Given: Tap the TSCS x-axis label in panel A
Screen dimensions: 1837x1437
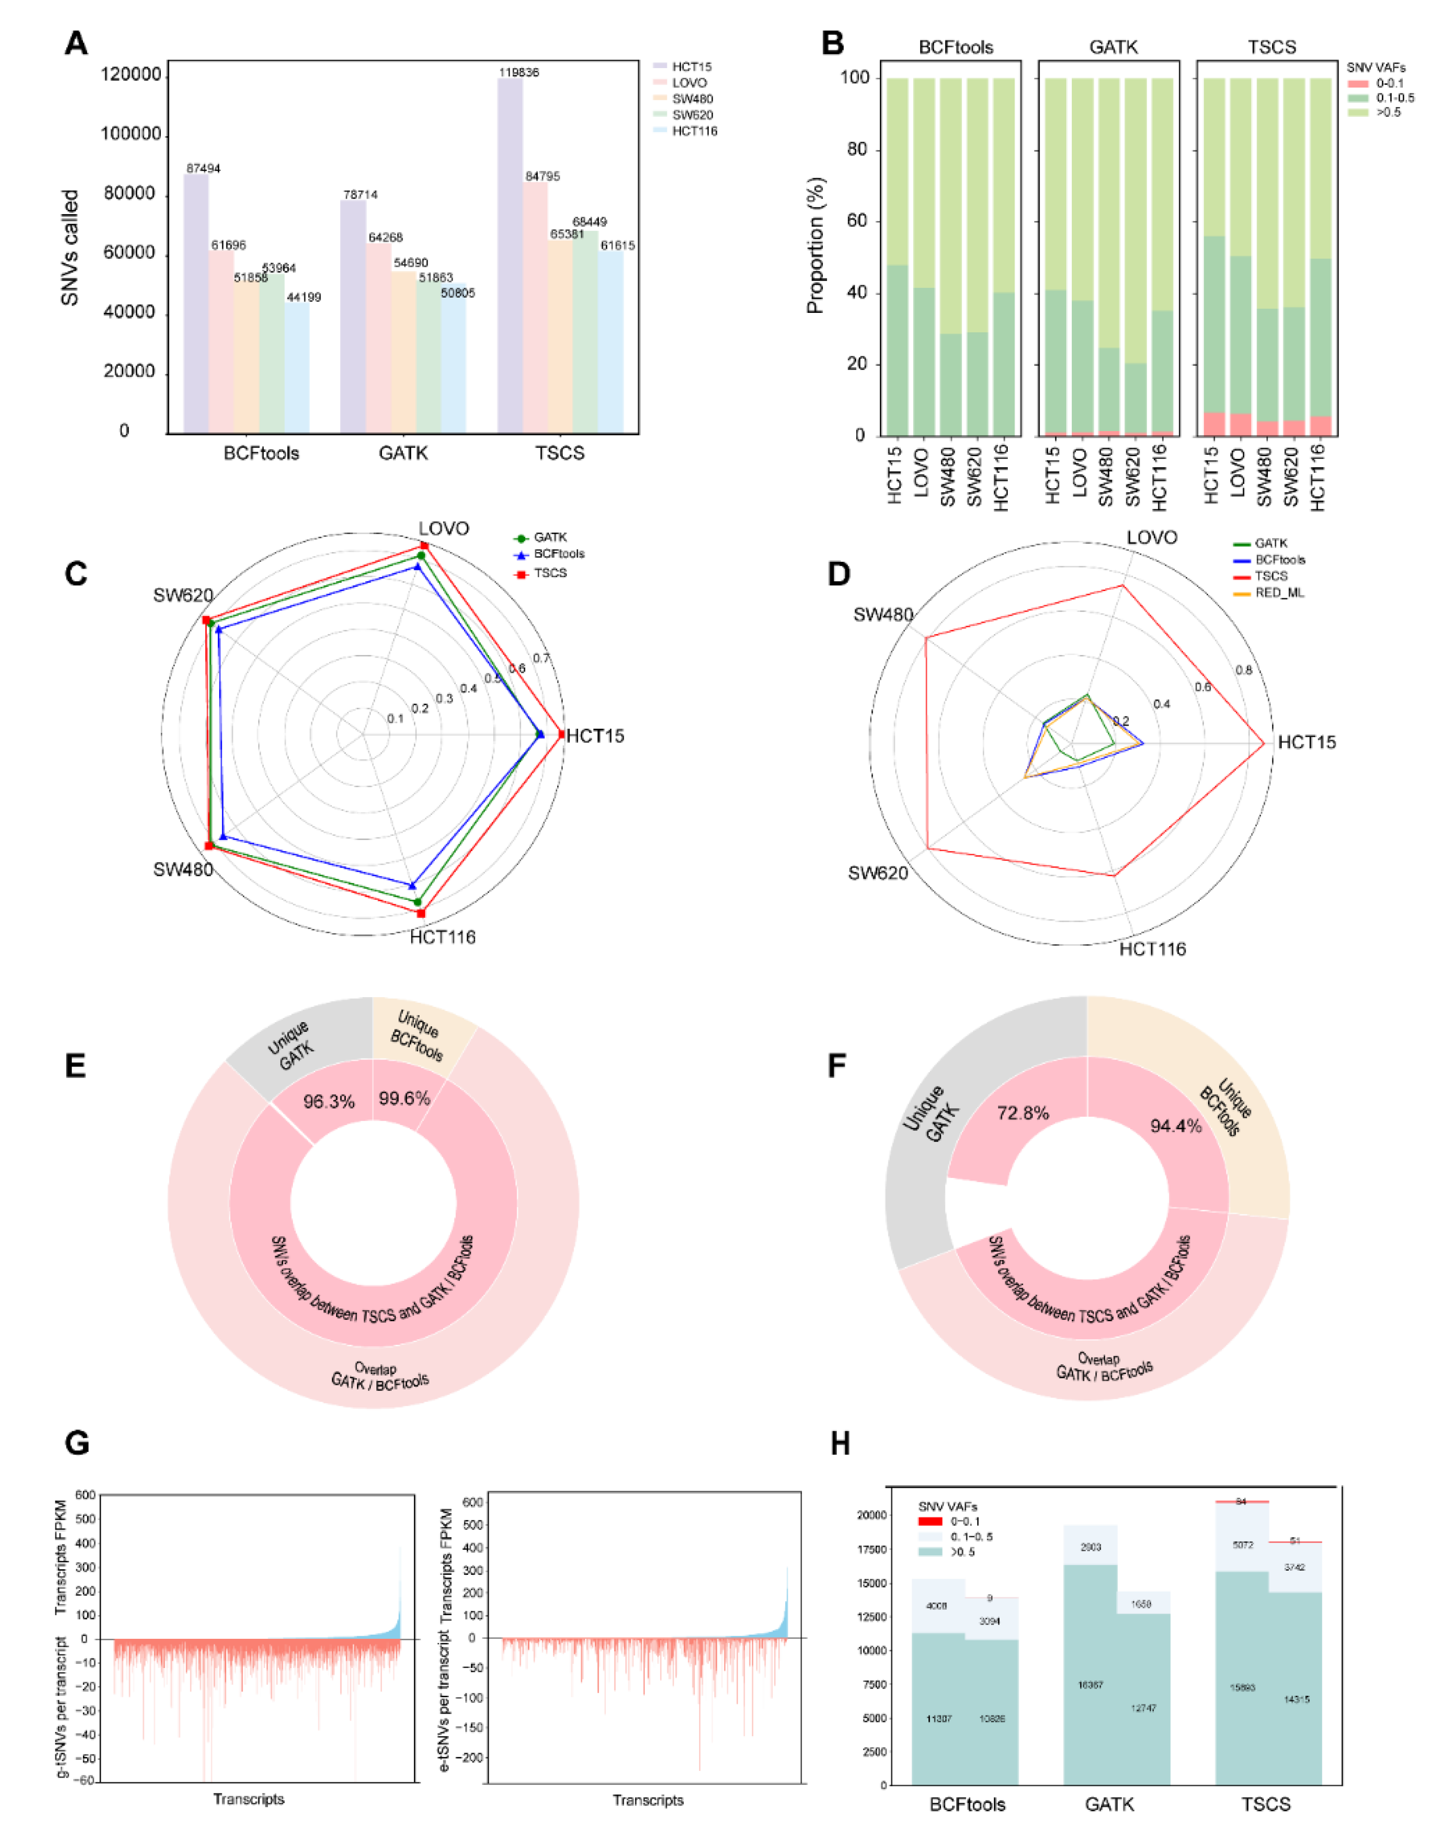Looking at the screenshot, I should click(559, 453).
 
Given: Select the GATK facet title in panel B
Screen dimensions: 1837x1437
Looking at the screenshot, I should click(1113, 47).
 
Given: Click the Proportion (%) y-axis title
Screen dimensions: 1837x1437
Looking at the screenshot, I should click(815, 246).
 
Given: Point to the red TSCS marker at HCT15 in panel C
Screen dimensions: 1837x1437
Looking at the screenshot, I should click(561, 734).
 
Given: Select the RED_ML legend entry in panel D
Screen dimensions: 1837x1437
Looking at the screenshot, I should click(1279, 593).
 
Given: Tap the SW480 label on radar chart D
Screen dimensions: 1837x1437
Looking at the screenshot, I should click(882, 615).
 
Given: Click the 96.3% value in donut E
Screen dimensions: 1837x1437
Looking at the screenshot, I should click(328, 1102).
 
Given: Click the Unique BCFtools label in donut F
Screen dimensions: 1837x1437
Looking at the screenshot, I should click(1225, 1110).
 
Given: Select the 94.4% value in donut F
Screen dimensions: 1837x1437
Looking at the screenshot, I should click(1175, 1126).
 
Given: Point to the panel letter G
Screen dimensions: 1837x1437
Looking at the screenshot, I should click(77, 1443).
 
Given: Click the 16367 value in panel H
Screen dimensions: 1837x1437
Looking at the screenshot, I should click(1090, 1685).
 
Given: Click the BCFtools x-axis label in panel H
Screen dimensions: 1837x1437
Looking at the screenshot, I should click(967, 1804).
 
